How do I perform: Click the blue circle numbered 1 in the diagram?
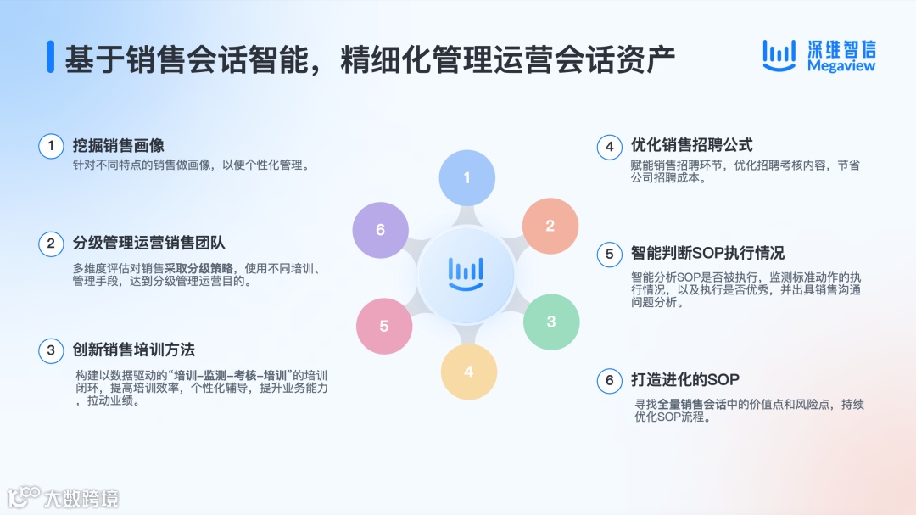(466, 178)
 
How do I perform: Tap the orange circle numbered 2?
(550, 226)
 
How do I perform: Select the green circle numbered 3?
(551, 322)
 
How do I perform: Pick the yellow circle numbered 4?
(468, 372)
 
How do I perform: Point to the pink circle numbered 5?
(384, 326)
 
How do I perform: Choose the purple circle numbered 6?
(381, 230)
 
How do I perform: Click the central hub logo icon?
(466, 275)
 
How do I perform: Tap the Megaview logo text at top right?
(841, 66)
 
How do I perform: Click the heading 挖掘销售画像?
(119, 146)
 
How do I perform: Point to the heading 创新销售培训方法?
(134, 350)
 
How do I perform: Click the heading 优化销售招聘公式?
(691, 146)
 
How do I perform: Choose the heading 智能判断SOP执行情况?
(707, 253)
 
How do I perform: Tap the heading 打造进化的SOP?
(685, 379)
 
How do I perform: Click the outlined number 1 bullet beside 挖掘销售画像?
(51, 146)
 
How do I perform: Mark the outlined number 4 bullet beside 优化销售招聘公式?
(609, 147)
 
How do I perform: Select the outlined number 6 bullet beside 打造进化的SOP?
(609, 380)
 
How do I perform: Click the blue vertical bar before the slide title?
(50, 58)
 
